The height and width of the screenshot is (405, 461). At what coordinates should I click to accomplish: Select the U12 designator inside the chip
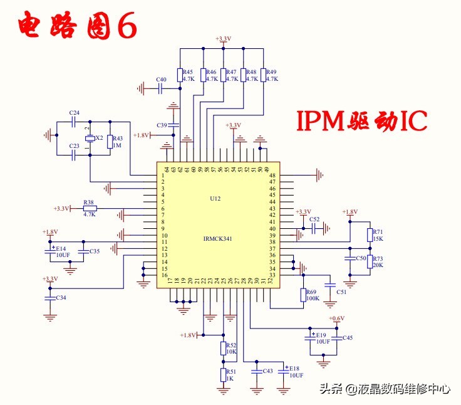215,198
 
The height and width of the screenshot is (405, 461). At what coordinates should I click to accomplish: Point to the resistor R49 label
272,73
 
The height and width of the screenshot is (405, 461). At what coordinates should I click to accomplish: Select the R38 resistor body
90,208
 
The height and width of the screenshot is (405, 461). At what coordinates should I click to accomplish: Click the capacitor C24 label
75,113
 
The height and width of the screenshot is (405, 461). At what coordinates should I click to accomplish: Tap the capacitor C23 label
75,146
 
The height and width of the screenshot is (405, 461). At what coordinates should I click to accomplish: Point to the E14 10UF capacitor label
62,251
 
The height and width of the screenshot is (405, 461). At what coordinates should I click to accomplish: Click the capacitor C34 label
61,297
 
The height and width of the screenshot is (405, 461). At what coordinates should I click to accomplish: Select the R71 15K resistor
370,234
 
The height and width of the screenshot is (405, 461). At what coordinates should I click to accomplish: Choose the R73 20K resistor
370,261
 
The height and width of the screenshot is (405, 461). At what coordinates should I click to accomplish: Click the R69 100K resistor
304,295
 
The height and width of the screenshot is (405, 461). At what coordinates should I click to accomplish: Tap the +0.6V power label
336,318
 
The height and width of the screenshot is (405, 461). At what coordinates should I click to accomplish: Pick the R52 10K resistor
222,348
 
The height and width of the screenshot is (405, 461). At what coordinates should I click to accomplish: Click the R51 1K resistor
222,375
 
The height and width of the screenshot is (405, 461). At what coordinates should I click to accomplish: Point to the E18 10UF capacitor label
295,371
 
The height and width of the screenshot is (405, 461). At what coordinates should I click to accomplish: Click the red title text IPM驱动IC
361,121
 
